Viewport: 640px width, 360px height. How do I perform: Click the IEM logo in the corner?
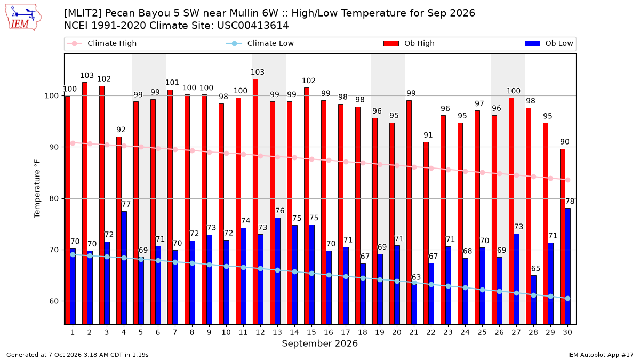(x=23, y=18)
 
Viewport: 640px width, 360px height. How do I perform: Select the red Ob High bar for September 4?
(x=119, y=230)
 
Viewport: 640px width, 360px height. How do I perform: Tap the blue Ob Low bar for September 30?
(x=567, y=266)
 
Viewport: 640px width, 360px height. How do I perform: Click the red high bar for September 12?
(x=255, y=202)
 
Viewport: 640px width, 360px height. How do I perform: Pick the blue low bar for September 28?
(x=533, y=300)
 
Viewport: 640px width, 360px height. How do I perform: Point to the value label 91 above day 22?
(x=428, y=135)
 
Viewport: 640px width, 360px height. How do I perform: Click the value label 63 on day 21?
(x=416, y=277)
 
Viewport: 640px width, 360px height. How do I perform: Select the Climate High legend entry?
(x=102, y=43)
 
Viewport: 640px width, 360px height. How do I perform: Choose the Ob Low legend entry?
(x=549, y=43)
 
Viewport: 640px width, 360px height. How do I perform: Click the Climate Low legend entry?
(x=260, y=43)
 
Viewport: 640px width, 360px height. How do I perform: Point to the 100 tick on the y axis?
(x=52, y=95)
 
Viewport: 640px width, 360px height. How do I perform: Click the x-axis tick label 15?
(x=311, y=332)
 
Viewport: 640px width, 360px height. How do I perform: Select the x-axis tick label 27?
(x=516, y=332)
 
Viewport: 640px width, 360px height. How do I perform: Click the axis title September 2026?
(x=319, y=343)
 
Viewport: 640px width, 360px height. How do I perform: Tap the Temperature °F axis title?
(x=37, y=189)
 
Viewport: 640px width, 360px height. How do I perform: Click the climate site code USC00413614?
(x=253, y=26)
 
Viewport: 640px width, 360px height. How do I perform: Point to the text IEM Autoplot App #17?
(x=601, y=355)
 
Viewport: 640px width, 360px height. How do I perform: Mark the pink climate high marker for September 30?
(x=567, y=180)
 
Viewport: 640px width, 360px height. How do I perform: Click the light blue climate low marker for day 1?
(x=73, y=254)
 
